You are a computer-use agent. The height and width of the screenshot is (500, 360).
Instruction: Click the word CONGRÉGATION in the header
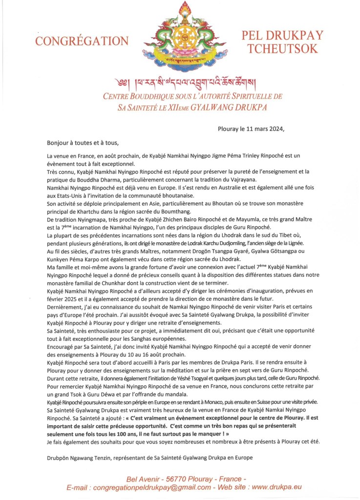coord(82,41)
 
